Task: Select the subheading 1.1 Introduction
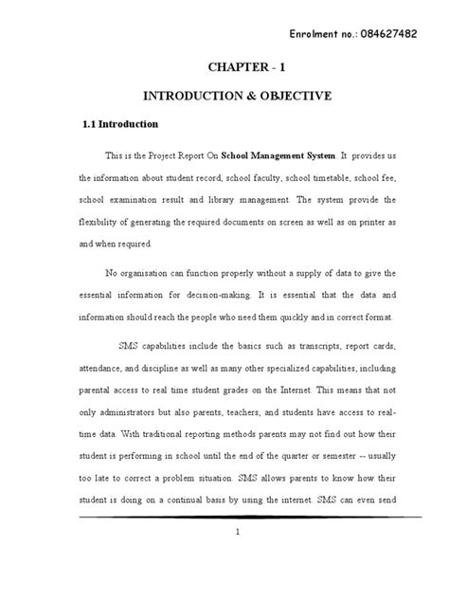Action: (x=117, y=124)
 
